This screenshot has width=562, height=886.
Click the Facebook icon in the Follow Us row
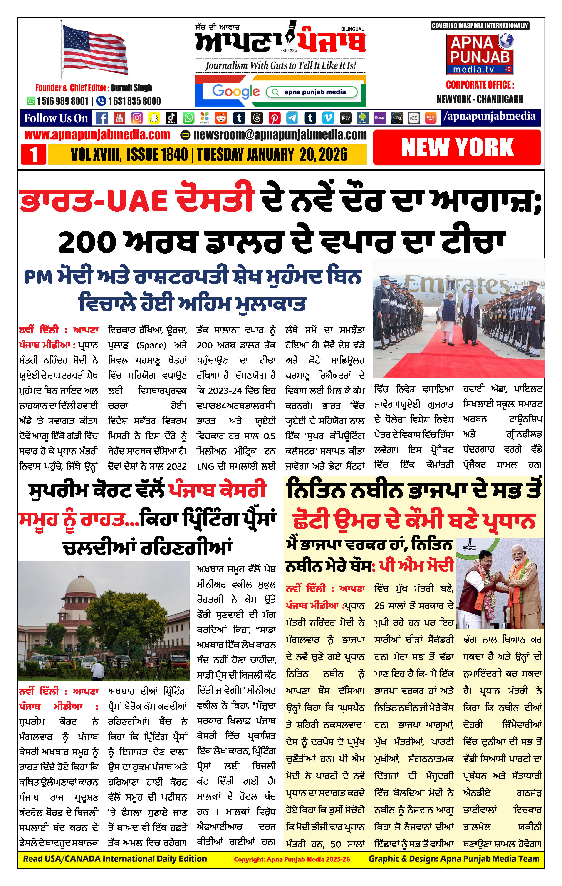pos(102,118)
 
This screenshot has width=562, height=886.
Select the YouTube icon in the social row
pos(119,118)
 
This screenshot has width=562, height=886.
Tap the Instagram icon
pos(137,118)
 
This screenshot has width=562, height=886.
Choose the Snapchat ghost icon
pos(154,118)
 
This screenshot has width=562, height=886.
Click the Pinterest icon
pos(274,118)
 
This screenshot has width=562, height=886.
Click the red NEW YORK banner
pos(457,147)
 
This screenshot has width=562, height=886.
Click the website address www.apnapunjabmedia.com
pos(97,135)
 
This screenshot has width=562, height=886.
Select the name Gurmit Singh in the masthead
pos(131,87)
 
